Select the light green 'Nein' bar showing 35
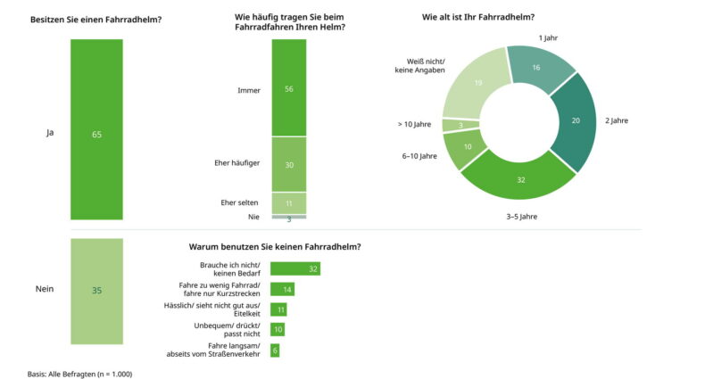[96, 290]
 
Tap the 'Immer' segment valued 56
[288, 87]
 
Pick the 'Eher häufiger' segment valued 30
[288, 164]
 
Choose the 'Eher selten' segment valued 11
[288, 203]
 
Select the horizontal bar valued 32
[294, 268]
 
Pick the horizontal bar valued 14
[282, 289]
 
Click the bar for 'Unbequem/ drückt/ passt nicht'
[278, 330]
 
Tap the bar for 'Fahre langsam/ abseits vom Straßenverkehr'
[275, 350]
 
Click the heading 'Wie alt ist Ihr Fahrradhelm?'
[478, 17]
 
